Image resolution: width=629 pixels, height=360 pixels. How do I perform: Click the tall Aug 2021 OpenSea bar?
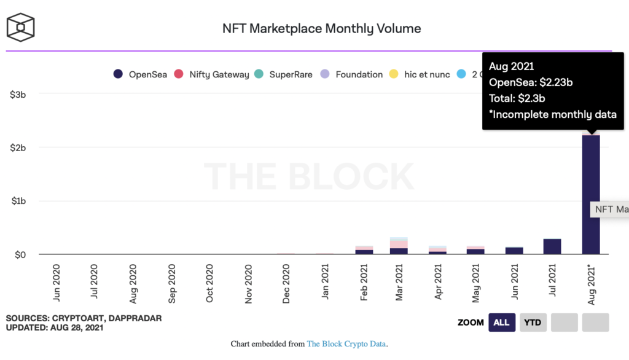[591, 194]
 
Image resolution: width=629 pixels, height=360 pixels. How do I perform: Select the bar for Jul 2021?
[552, 246]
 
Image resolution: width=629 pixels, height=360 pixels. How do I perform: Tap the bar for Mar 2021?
[399, 246]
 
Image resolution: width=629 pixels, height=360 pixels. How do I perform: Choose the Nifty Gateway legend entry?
[212, 74]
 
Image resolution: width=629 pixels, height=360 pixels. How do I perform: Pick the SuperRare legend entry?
[283, 74]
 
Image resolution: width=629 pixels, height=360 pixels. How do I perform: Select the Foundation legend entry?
[352, 74]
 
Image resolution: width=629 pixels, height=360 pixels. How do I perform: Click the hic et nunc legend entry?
[418, 74]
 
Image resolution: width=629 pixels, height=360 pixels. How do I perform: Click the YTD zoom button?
[533, 323]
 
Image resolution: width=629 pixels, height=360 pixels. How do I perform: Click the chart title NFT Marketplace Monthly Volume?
[321, 28]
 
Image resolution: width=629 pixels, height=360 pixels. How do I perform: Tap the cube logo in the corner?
[20, 28]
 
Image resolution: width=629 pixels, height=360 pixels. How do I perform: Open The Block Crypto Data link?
[346, 344]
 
